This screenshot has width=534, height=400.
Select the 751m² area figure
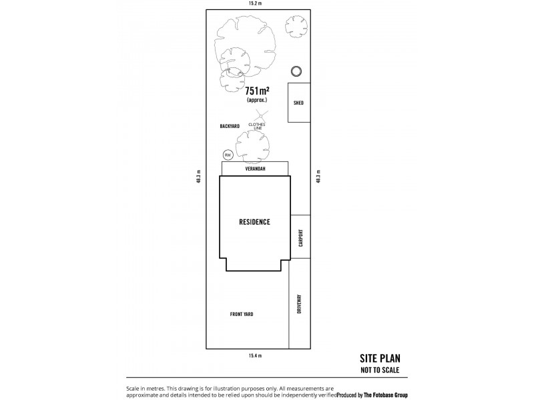(257, 91)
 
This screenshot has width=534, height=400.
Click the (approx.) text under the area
(257, 100)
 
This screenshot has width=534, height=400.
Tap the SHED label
(298, 103)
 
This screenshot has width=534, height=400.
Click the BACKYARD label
(229, 126)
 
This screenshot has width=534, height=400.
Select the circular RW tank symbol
(228, 155)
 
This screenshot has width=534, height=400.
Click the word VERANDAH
(255, 170)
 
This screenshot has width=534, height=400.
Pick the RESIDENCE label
(255, 222)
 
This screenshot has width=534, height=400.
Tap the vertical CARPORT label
(300, 239)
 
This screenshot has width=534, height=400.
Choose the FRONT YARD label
(242, 314)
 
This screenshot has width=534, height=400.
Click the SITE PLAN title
(380, 359)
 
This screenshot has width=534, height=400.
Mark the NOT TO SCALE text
(380, 370)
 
